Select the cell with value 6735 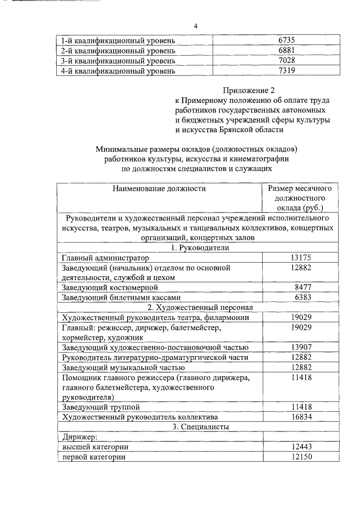(286, 40)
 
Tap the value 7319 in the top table (286, 71)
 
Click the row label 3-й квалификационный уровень (118, 61)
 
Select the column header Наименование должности (159, 188)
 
